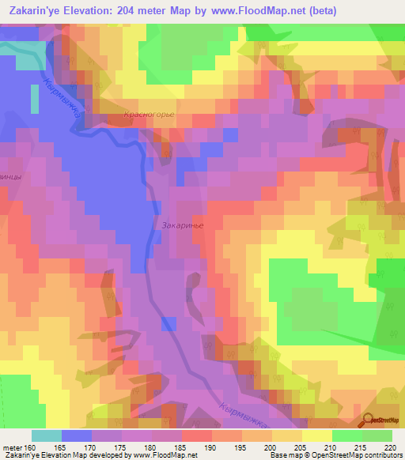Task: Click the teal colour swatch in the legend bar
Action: tap(46, 435)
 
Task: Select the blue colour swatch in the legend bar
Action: tap(76, 435)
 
